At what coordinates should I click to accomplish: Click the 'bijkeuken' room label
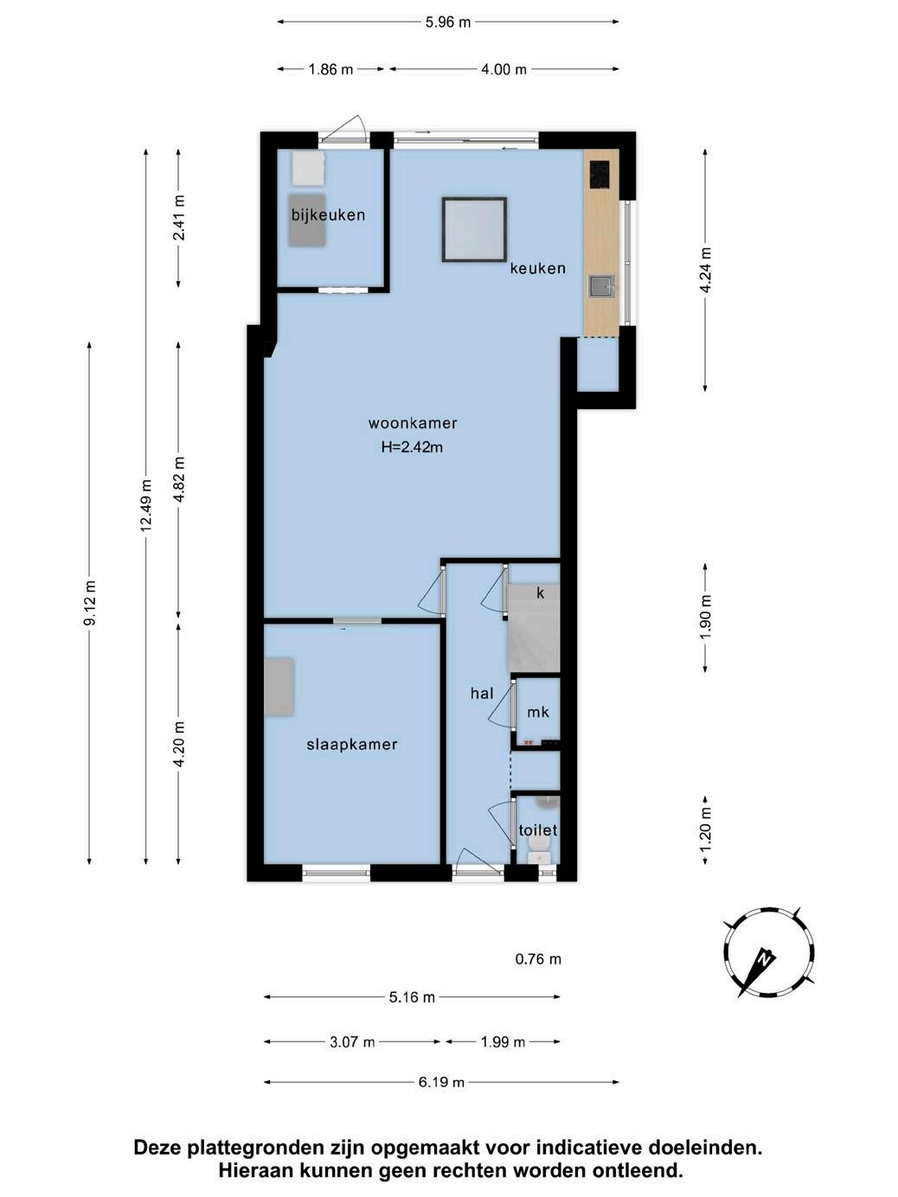328,214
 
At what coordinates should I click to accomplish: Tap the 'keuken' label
537,268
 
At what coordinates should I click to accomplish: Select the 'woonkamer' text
413,423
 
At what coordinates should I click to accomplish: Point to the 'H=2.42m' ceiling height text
412,447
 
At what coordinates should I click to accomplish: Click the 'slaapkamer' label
352,745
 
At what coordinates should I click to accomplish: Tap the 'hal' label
482,693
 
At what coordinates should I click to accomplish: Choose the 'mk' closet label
537,712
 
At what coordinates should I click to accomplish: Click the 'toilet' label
537,830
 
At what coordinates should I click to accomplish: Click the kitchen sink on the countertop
601,285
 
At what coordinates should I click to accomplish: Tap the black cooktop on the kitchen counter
600,174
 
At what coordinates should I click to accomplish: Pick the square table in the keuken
474,229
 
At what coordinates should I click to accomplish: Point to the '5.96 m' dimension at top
447,22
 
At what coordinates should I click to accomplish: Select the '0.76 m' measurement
537,958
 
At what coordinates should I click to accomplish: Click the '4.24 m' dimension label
706,270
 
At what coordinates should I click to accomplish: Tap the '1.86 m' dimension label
330,69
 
